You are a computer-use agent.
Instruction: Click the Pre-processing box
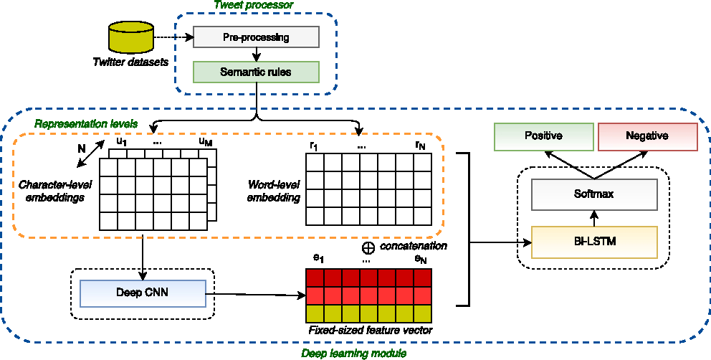256,37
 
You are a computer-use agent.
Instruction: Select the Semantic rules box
256,72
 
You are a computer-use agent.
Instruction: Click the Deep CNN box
143,293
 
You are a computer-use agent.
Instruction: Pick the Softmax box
593,194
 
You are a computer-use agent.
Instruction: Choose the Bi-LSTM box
593,242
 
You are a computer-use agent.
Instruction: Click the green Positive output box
543,136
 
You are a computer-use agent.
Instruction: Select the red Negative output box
646,136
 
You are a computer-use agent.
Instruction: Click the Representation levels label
86,123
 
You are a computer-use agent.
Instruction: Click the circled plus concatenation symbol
368,247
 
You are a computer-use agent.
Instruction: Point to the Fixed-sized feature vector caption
370,331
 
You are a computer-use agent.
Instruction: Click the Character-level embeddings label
54,191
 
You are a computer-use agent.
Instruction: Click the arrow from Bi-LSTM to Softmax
593,218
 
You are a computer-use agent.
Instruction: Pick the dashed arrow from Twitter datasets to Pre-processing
174,37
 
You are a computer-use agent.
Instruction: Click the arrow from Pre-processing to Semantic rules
256,55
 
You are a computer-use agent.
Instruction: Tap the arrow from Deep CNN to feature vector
255,293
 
